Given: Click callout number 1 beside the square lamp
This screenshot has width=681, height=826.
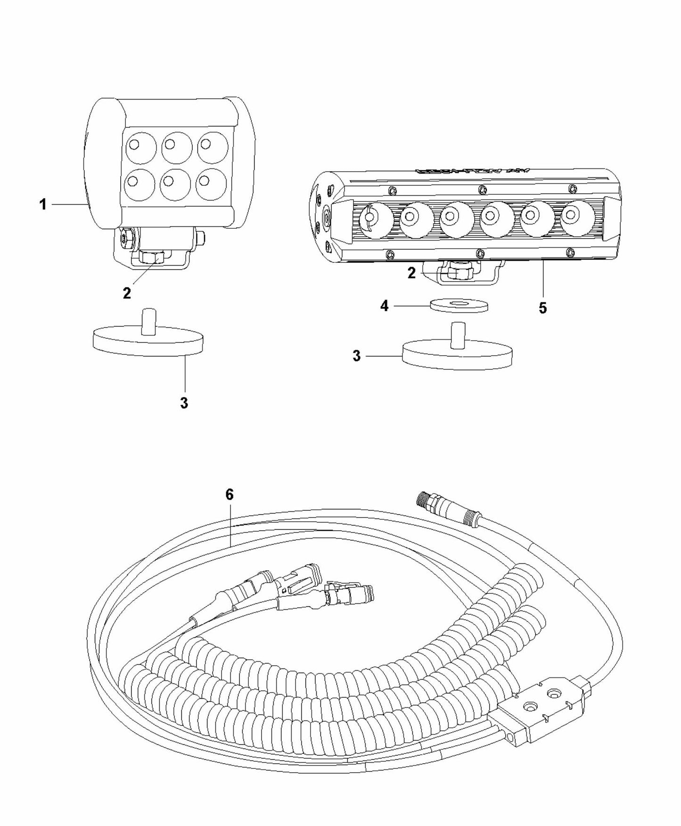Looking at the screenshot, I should click(43, 205).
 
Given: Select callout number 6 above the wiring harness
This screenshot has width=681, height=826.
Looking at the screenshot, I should click(230, 495).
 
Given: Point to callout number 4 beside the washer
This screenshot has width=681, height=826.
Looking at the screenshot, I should click(385, 306).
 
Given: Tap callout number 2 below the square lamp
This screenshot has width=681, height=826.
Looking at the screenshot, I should click(127, 293).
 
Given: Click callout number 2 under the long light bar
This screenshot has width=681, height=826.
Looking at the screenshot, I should click(412, 273).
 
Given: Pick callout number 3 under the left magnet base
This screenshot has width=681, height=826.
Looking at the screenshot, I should click(184, 403).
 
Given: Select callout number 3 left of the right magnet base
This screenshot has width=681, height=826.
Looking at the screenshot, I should click(357, 356).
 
